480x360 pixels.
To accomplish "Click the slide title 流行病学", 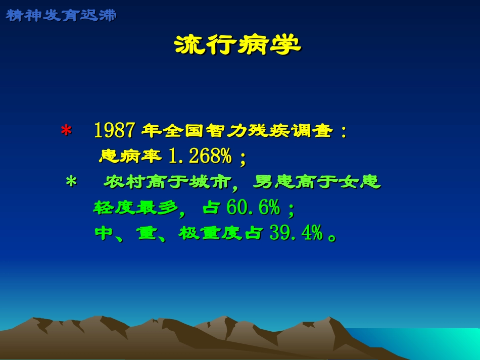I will point(237,45).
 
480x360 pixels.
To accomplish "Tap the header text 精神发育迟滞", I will point(61,15).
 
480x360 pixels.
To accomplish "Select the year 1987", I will point(114,131).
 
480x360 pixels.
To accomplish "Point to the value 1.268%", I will point(199,157).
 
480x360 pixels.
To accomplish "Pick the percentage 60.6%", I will point(253,207).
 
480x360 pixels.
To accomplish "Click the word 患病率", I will point(130,157).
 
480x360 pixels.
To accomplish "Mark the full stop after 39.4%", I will point(332,236).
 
